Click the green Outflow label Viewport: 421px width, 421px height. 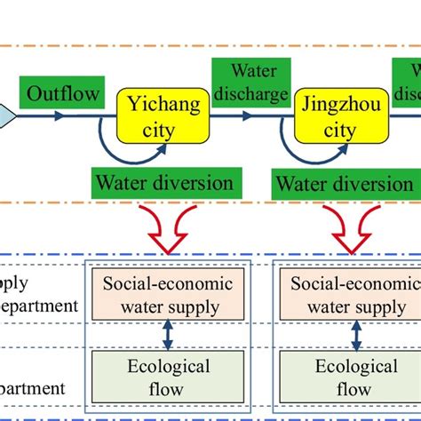pyautogui.click(x=65, y=92)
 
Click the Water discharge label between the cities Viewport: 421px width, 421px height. pyautogui.click(x=252, y=81)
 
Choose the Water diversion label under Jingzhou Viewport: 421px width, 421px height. pyautogui.click(x=344, y=184)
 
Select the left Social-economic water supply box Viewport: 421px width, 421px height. pyautogui.click(x=168, y=296)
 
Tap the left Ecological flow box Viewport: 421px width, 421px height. pyautogui.click(x=168, y=377)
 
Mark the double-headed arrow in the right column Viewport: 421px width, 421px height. pyautogui.click(x=356, y=336)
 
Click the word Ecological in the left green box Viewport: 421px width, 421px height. pyautogui.click(x=168, y=367)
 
